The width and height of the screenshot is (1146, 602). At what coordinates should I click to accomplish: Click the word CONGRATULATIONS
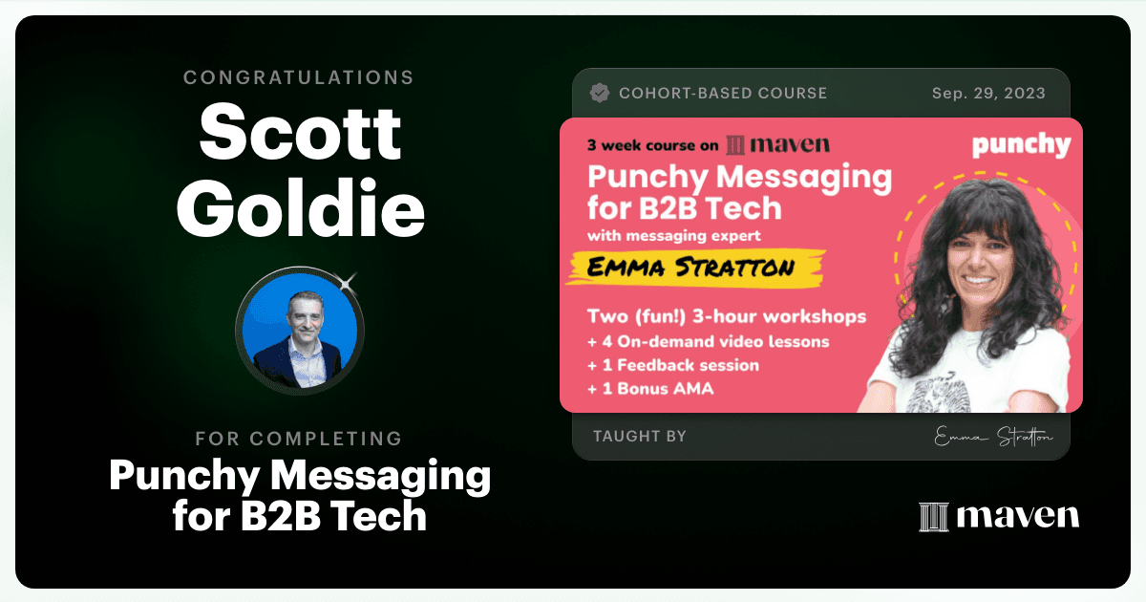[x=299, y=77]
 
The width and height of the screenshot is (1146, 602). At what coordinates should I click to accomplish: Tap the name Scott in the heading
[x=300, y=132]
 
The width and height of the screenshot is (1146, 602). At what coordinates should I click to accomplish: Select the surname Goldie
[x=300, y=209]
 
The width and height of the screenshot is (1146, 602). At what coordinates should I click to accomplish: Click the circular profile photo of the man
[x=300, y=331]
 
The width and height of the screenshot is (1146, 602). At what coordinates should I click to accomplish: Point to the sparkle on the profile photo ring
[x=347, y=283]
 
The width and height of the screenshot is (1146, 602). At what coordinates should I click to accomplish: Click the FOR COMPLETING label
[x=299, y=439]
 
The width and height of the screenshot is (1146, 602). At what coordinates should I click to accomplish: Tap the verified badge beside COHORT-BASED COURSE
[x=599, y=94]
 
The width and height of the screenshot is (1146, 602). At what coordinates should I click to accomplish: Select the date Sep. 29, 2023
[x=988, y=94]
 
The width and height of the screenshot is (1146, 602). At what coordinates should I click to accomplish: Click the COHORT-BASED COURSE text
[x=723, y=94]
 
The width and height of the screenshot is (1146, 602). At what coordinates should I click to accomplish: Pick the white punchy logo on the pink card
[x=1021, y=145]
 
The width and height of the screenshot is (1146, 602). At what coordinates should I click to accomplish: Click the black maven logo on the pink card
[x=778, y=145]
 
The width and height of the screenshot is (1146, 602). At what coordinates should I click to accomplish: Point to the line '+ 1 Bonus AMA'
[x=650, y=389]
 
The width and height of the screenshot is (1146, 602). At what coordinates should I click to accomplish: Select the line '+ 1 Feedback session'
[x=673, y=365]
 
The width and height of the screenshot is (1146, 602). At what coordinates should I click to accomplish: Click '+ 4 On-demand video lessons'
[x=708, y=341]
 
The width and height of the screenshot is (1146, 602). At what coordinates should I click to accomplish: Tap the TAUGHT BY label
[x=640, y=436]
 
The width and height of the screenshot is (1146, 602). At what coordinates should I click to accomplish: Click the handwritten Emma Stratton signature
[x=993, y=437]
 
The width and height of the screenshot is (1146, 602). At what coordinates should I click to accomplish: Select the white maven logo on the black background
[x=999, y=516]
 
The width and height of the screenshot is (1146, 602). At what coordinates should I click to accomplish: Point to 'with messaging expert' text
[x=674, y=236]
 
